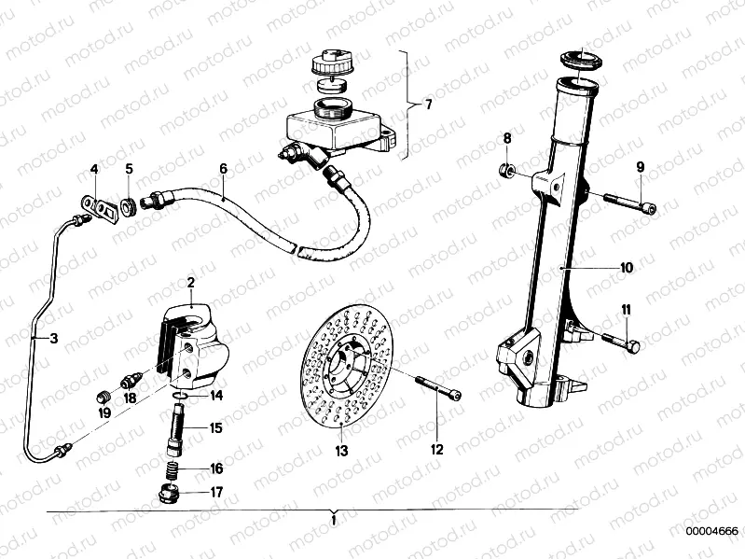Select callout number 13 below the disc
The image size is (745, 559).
[341, 451]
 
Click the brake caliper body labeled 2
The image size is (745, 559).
[200, 336]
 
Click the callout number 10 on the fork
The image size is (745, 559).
[627, 267]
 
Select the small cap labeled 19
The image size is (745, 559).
[104, 388]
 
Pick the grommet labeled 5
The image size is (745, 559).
[130, 203]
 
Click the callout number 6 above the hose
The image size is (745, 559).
[223, 169]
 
